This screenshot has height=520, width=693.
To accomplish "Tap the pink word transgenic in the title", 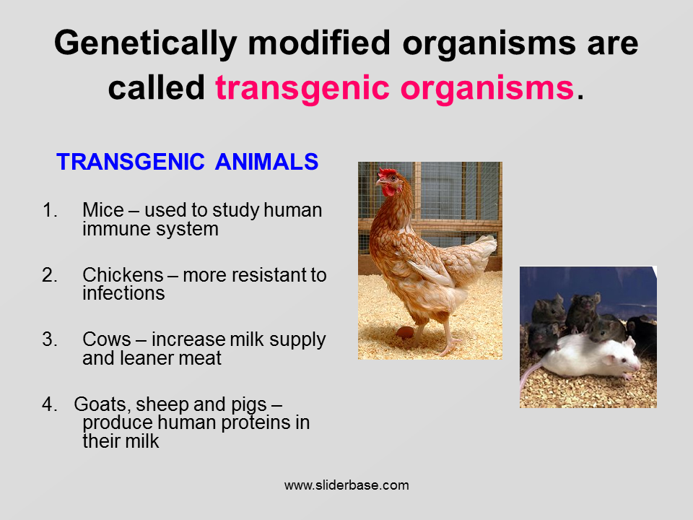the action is [x=302, y=88].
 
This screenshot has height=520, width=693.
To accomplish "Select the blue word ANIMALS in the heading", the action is [x=266, y=162].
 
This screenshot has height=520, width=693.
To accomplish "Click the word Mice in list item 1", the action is [x=103, y=210].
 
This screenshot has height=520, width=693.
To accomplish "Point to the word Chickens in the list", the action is [x=123, y=275].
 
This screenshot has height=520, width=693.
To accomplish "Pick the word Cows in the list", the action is [x=107, y=339].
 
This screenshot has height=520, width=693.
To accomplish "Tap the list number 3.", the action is [x=50, y=339].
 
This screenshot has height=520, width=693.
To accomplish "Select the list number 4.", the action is [x=50, y=404].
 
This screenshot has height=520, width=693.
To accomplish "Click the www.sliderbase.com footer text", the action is [x=346, y=485].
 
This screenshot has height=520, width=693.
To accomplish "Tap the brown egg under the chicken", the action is [x=404, y=332].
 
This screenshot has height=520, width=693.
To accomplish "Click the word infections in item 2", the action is [x=123, y=293].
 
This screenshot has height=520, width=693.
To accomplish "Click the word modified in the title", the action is [x=319, y=43].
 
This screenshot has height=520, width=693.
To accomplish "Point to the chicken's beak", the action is [x=379, y=181].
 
